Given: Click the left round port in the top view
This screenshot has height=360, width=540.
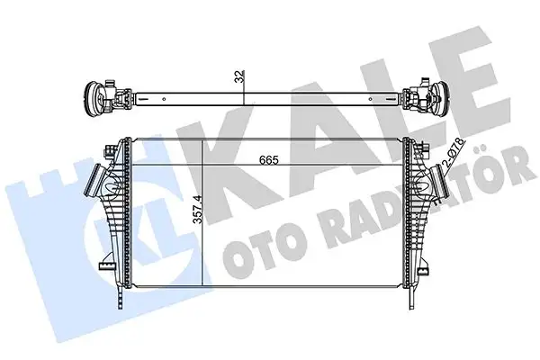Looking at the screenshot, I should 93,96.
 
